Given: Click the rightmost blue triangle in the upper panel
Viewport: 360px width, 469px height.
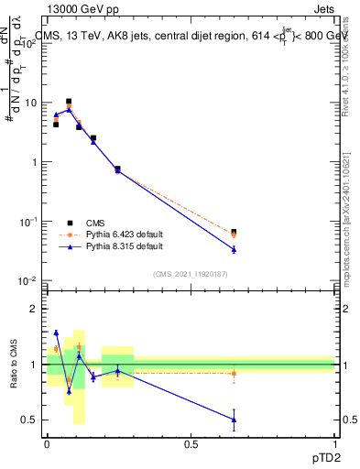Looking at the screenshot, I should coord(234,249).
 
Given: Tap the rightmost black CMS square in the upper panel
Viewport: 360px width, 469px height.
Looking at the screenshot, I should coord(234,232).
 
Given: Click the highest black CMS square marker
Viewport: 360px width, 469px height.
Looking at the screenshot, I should coord(69,102).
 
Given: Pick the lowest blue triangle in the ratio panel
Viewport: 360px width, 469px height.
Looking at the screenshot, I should coord(234,420).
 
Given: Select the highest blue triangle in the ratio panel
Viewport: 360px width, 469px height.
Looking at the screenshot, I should coord(56,333).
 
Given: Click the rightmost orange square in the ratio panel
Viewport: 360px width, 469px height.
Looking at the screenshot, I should coord(234,373).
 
